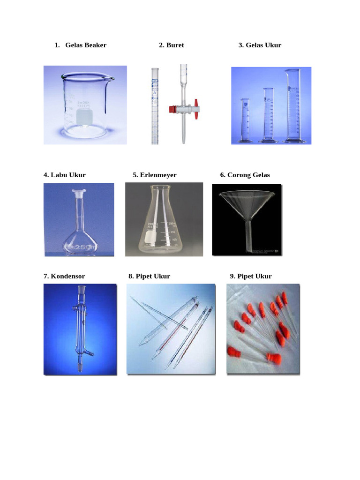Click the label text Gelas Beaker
point(86,45)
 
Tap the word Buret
point(175,45)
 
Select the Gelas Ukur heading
point(263,45)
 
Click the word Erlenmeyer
point(158,175)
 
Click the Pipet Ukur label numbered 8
point(153,276)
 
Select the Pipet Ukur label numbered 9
point(255,276)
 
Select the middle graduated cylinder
point(268,115)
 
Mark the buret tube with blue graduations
point(155,105)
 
